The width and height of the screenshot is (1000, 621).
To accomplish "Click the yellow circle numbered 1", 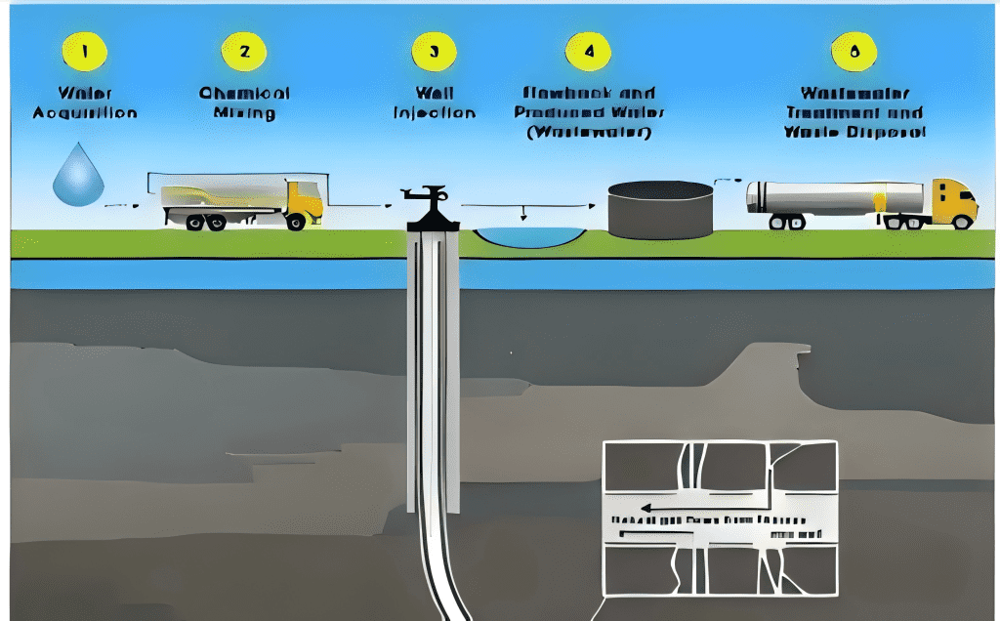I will click(x=84, y=51).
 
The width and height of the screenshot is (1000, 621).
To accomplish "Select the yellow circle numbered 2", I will click(x=244, y=51).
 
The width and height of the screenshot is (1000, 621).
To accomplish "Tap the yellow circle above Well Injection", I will click(x=434, y=51).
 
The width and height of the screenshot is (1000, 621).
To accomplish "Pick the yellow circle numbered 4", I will click(x=587, y=51).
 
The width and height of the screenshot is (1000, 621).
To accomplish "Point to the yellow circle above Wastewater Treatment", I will click(x=855, y=51).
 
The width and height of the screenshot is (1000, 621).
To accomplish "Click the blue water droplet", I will click(x=77, y=176).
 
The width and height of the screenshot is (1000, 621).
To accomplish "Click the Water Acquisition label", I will click(x=84, y=103).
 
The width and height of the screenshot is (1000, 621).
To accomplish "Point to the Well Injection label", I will click(x=435, y=103).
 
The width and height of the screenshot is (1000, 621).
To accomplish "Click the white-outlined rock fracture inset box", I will click(x=720, y=517).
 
